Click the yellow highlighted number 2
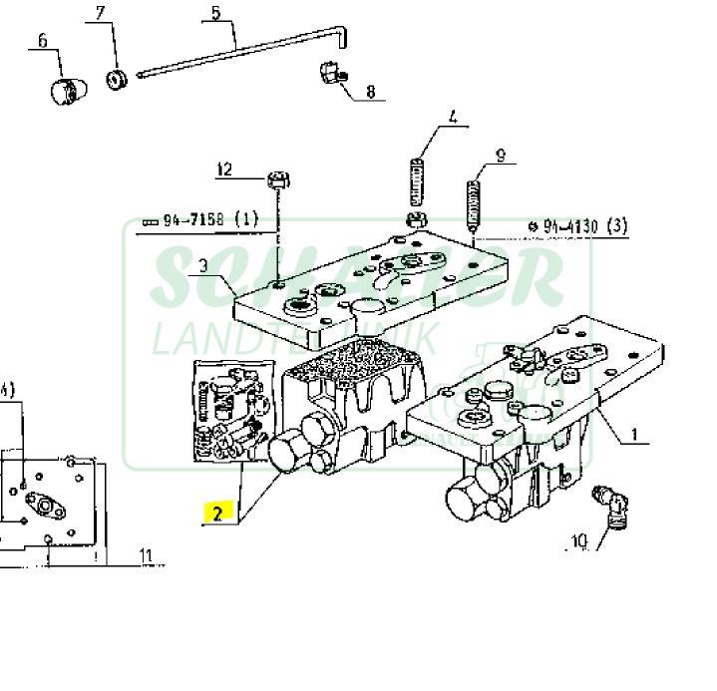pyautogui.click(x=217, y=513)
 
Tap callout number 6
pyautogui.click(x=43, y=41)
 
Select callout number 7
pyautogui.click(x=100, y=13)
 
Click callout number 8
pyautogui.click(x=370, y=92)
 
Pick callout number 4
pyautogui.click(x=453, y=118)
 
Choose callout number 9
pyautogui.click(x=501, y=155)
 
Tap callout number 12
pyautogui.click(x=224, y=170)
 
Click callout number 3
pyautogui.click(x=203, y=265)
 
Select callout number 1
pyautogui.click(x=634, y=436)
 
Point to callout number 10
pyautogui.click(x=578, y=542)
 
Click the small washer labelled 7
pyautogui.click(x=117, y=79)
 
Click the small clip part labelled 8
pyautogui.click(x=330, y=74)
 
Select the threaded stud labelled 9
pyautogui.click(x=475, y=203)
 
